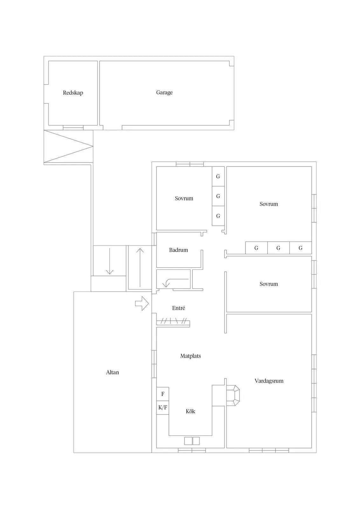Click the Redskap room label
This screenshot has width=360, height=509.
[x=73, y=93]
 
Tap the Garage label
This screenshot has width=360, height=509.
[x=164, y=93]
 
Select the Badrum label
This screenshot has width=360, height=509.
[x=178, y=250]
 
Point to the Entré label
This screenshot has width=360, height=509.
[x=178, y=308]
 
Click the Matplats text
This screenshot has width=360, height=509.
[x=190, y=356]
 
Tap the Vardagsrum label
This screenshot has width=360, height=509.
[x=269, y=381]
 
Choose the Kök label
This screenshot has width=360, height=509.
[x=190, y=411]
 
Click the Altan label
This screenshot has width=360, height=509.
[x=113, y=372]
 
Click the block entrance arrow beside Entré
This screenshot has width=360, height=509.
[x=142, y=303]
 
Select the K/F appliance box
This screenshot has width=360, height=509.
[x=163, y=408]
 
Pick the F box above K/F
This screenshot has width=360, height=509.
[x=163, y=394]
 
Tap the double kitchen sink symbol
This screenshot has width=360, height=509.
[x=192, y=441]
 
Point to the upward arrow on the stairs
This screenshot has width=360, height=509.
[x=140, y=268]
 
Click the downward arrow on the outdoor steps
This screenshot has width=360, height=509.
[x=110, y=261]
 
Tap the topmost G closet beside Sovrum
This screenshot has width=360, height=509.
[x=218, y=176]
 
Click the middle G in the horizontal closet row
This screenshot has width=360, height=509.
[x=279, y=248]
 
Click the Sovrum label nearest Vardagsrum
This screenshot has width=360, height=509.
[x=269, y=284]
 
